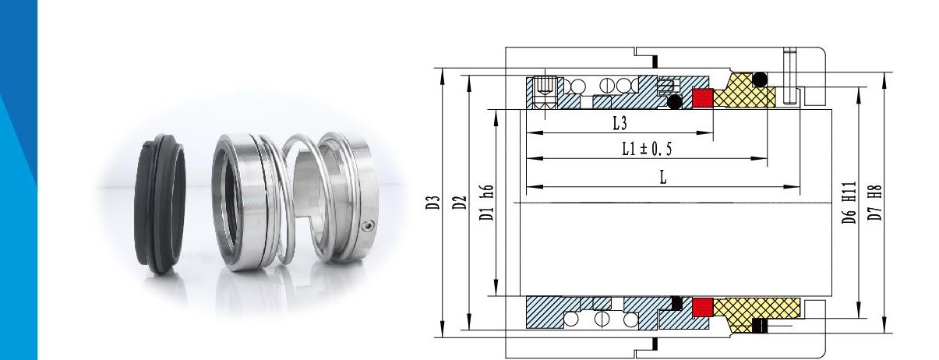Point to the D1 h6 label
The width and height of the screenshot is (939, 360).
click(487, 203)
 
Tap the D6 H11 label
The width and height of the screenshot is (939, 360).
click(849, 203)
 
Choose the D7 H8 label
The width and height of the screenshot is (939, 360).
click(875, 203)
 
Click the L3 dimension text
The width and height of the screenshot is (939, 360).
click(620, 123)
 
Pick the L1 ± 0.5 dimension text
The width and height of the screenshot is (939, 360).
click(647, 149)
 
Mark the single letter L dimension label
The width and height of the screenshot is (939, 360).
click(662, 178)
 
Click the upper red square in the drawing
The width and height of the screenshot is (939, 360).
click(703, 97)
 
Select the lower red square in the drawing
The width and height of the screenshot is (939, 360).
click(703, 307)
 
